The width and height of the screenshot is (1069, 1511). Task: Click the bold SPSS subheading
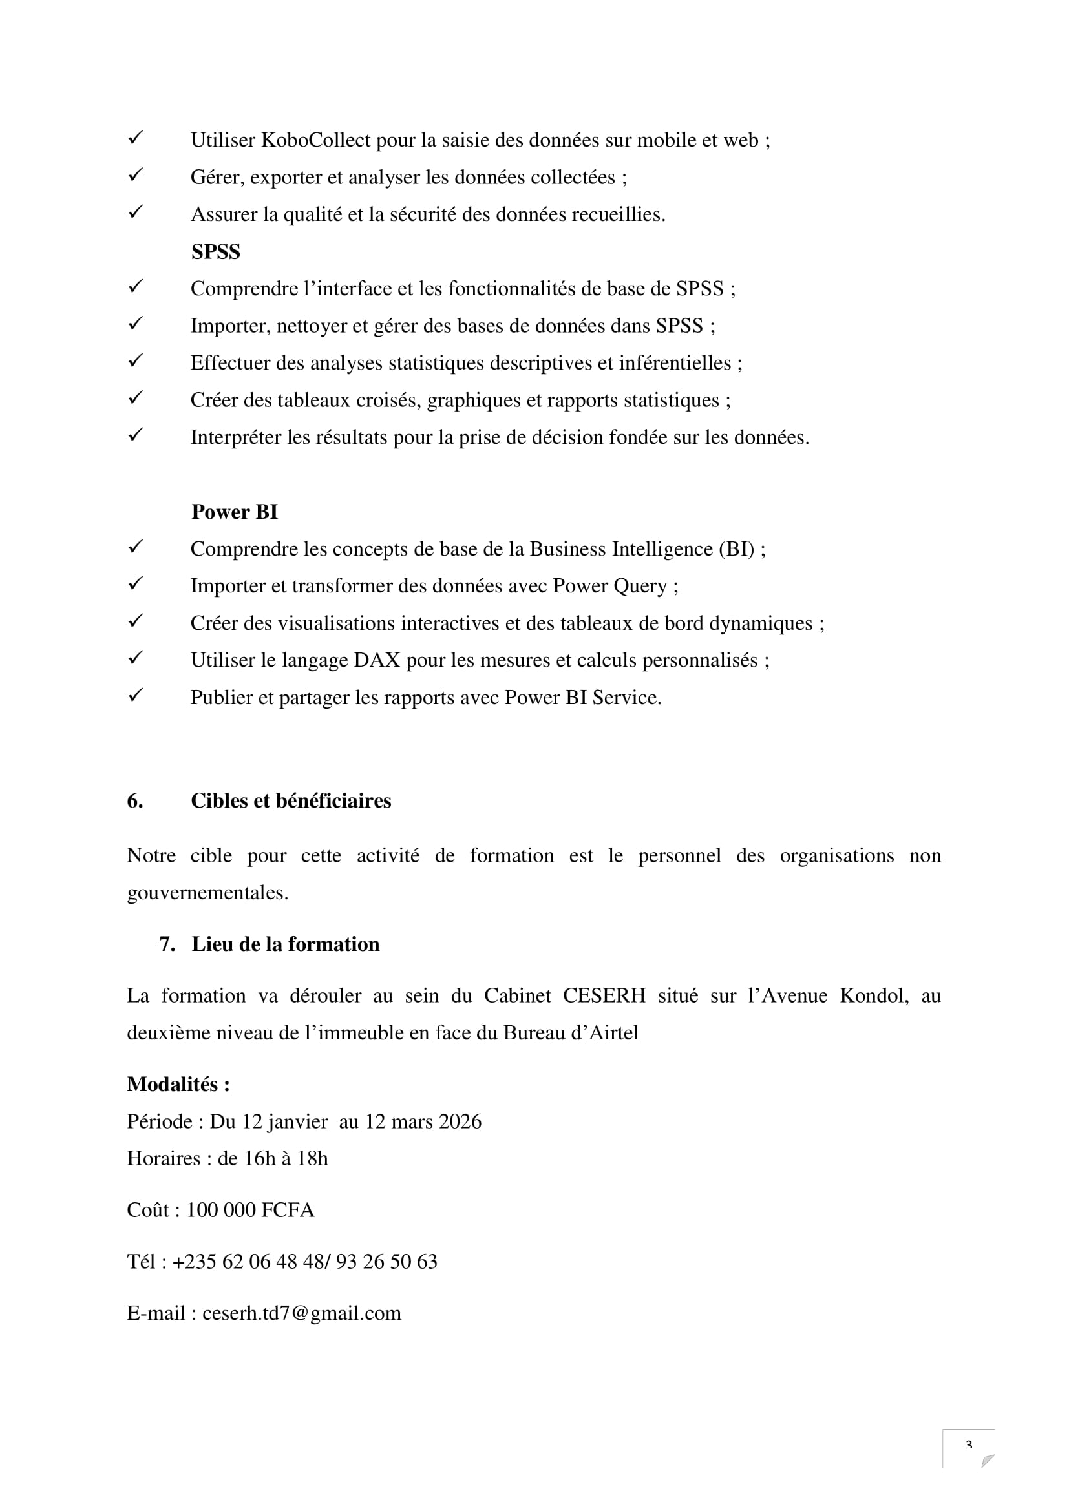click(x=216, y=252)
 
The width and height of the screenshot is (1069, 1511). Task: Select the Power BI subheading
click(x=235, y=512)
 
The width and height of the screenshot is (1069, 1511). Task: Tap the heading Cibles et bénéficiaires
click(x=291, y=801)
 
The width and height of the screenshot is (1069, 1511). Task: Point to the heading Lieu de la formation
click(x=285, y=944)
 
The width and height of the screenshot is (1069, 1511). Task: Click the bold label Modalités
click(x=178, y=1085)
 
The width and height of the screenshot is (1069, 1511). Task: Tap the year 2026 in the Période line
click(x=460, y=1121)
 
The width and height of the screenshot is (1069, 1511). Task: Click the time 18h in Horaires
click(x=312, y=1158)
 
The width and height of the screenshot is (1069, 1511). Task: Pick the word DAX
click(x=377, y=661)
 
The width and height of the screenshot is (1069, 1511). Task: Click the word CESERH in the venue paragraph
click(x=604, y=995)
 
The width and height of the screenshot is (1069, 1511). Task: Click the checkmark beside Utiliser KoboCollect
click(x=136, y=138)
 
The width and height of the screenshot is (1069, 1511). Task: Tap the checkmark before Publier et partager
click(x=136, y=696)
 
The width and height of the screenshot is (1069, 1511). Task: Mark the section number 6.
click(x=134, y=801)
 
